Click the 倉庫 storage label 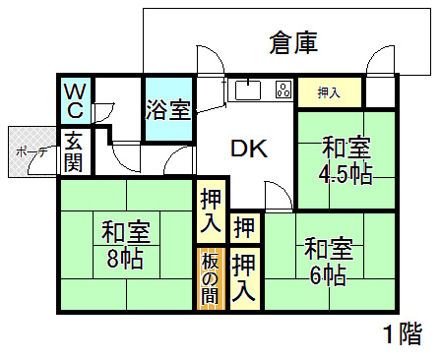pyautogui.click(x=292, y=43)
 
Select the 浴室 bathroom pyautogui.click(x=167, y=108)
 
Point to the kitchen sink pyautogui.click(x=247, y=91)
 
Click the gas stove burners pyautogui.click(x=283, y=91)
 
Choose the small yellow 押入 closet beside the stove pyautogui.click(x=329, y=93)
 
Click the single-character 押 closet pyautogui.click(x=245, y=228)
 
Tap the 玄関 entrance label pyautogui.click(x=73, y=152)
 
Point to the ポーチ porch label pyautogui.click(x=25, y=152)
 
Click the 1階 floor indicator pyautogui.click(x=402, y=333)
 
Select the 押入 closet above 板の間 pyautogui.click(x=211, y=211)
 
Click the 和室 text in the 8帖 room pyautogui.click(x=125, y=233)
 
